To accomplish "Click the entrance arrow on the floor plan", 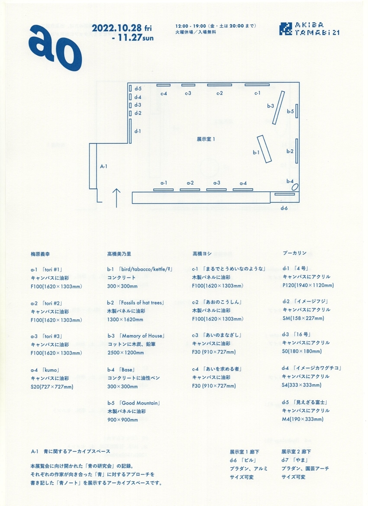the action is [x=116, y=198].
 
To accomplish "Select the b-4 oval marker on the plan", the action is [x=295, y=187].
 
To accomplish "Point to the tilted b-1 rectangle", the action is [x=264, y=149].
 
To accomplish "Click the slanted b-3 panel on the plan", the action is [x=278, y=108].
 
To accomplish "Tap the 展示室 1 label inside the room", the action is [x=206, y=139].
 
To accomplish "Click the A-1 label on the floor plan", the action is [x=104, y=167].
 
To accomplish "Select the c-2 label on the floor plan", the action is [x=219, y=93].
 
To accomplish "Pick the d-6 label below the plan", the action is [x=284, y=208].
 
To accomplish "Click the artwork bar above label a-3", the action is [x=216, y=189].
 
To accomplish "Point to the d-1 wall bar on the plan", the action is [x=130, y=131].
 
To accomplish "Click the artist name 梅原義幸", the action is [x=40, y=254].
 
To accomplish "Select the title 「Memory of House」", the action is [x=142, y=336].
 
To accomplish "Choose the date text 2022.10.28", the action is [x=117, y=29].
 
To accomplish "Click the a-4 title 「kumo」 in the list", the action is [x=51, y=370].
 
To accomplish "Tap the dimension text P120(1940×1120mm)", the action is [x=308, y=285].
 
